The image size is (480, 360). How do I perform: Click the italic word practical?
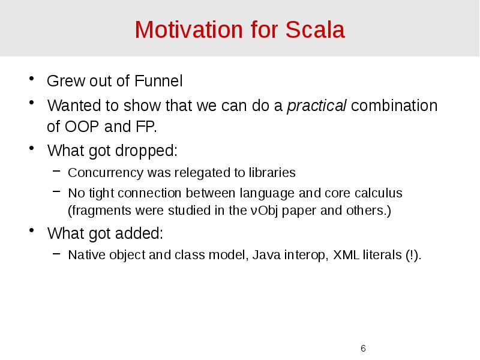317,106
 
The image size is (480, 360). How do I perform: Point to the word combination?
394,106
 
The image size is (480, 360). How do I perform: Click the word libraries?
272,173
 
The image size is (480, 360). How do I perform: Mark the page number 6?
363,349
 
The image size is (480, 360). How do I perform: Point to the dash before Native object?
56,255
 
